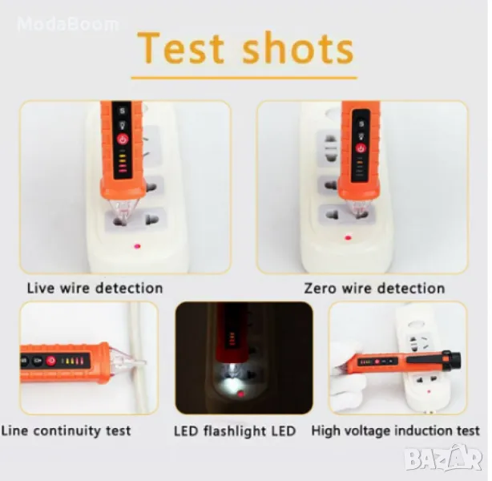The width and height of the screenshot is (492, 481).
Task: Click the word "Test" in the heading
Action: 181,48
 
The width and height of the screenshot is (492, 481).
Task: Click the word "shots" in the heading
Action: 298,48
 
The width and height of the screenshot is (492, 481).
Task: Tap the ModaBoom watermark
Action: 68,24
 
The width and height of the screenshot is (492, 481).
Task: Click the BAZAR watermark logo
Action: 443,459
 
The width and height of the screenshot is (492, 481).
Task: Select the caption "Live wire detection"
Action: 95,289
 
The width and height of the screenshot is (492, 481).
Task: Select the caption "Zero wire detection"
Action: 374,289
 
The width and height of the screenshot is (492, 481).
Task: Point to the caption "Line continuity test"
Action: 66,430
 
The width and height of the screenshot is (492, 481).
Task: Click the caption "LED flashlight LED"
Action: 235,430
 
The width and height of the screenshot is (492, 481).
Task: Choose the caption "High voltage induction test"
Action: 395,430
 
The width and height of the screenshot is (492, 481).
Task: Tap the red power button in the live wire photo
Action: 123,139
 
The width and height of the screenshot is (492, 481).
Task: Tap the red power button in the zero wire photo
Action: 361,148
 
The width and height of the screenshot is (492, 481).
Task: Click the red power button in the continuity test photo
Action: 50,361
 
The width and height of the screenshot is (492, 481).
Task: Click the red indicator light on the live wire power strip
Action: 137,246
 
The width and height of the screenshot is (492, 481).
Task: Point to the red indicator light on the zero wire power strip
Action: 348,237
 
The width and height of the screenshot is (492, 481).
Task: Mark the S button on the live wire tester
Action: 122,111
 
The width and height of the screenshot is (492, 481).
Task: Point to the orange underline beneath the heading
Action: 244,78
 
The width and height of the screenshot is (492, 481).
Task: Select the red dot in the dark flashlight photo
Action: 241,394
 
